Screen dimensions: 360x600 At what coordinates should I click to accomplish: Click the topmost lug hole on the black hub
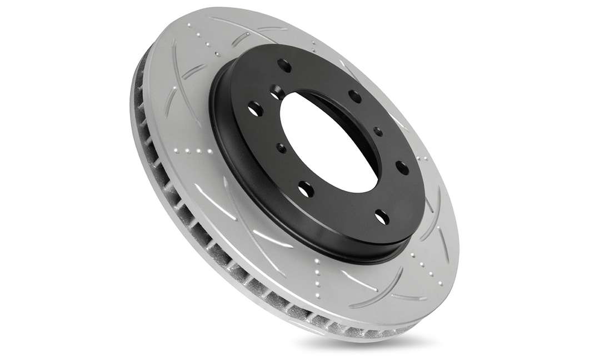287,66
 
